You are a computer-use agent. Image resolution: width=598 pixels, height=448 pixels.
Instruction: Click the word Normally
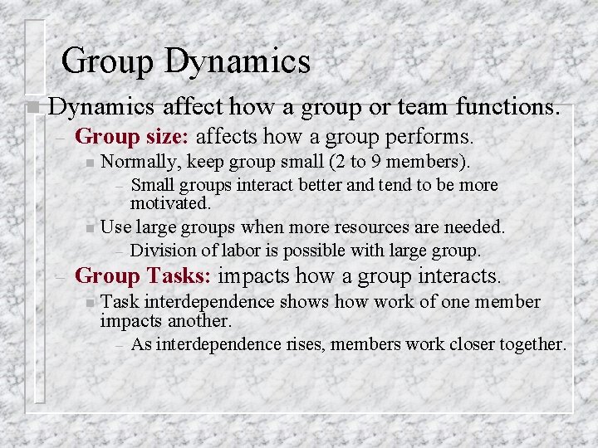tap(145, 159)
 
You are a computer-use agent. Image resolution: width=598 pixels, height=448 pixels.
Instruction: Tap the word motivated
tap(171, 202)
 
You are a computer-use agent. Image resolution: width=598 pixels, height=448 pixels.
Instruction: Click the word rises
tap(304, 343)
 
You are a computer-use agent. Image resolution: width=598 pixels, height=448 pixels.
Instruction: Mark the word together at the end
tap(530, 343)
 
